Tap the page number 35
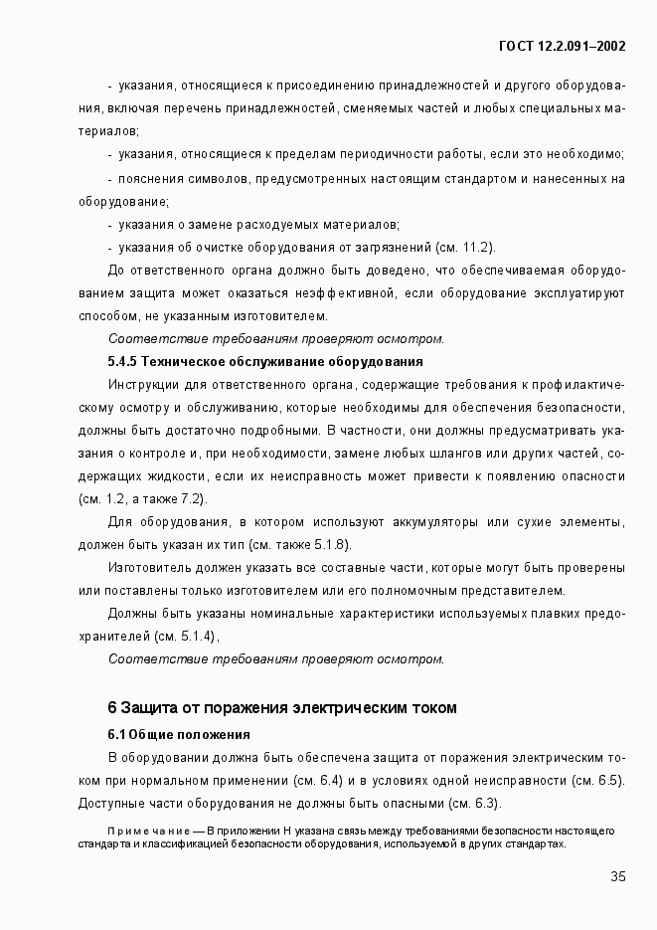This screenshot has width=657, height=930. click(617, 876)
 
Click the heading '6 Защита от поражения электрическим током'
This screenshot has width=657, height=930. click(282, 708)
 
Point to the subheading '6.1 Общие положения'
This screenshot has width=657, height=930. click(178, 735)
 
